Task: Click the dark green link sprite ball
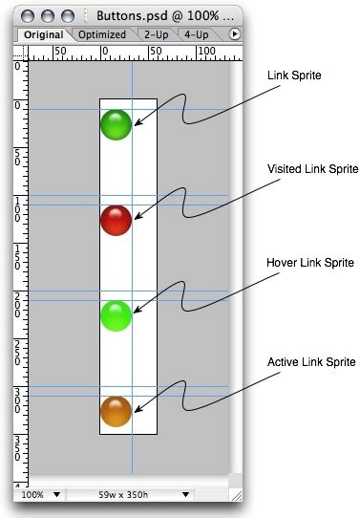click(116, 124)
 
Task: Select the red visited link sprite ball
click(116, 220)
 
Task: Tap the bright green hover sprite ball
click(116, 315)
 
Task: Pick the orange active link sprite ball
click(116, 411)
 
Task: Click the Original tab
click(43, 34)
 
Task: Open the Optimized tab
click(102, 34)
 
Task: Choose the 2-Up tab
click(157, 34)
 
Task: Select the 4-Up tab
click(198, 34)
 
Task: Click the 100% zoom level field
click(32, 496)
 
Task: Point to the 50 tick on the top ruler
click(59, 50)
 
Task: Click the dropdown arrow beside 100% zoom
click(58, 496)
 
